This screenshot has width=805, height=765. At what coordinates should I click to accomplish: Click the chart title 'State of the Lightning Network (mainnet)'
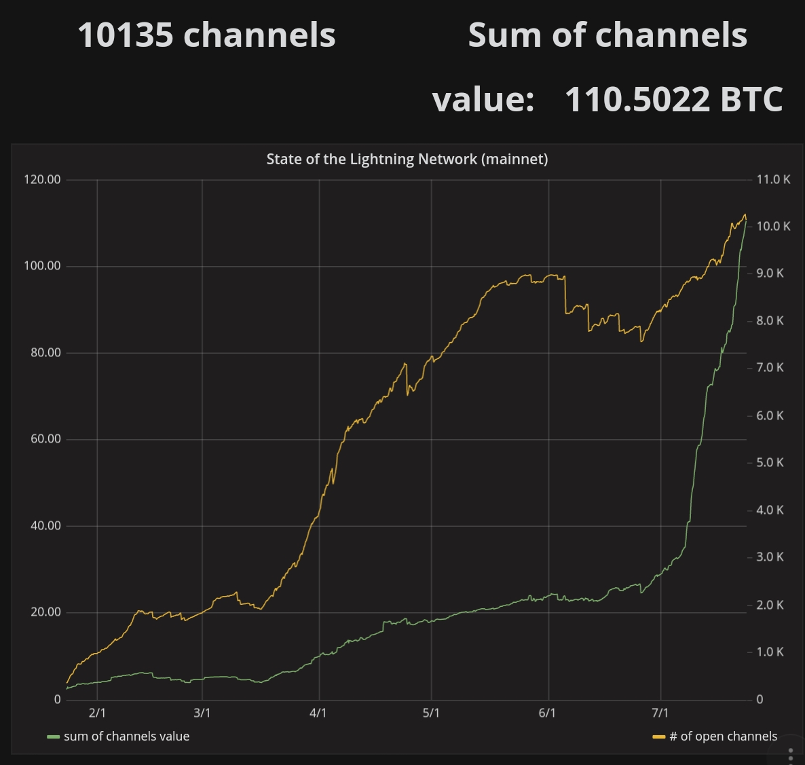click(407, 160)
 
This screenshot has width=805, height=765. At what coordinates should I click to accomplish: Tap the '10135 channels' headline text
click(206, 35)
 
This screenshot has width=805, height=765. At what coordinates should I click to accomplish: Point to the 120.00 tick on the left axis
click(42, 180)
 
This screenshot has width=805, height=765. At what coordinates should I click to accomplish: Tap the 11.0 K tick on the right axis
click(773, 180)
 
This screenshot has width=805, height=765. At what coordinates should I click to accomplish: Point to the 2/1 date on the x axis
click(97, 713)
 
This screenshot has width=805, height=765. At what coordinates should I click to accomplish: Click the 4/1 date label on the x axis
click(318, 713)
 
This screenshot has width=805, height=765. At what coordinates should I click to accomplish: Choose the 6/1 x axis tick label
click(547, 713)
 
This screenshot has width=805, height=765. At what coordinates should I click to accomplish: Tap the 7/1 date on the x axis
click(660, 713)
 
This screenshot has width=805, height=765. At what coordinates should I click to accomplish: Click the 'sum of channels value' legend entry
click(126, 736)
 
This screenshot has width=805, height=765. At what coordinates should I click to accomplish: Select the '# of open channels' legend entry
click(723, 736)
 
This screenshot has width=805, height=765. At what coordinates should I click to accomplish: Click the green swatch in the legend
click(53, 737)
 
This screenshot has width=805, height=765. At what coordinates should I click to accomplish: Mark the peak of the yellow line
click(745, 215)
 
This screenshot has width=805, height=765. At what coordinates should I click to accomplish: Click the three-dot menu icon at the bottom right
click(791, 755)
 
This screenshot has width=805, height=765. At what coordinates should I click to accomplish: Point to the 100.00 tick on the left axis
click(42, 266)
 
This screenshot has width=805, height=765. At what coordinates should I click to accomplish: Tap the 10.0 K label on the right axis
click(773, 227)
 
